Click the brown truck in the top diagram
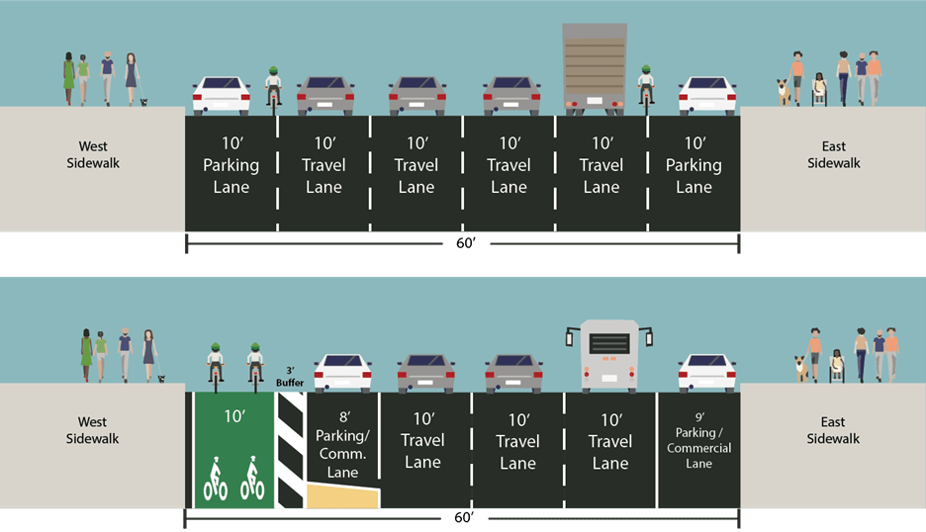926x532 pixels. (x=595, y=64)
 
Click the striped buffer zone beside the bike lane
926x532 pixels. (x=291, y=450)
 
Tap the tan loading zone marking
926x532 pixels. (x=342, y=495)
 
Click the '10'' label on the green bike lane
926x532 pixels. (x=233, y=416)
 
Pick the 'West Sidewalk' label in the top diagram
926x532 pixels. (x=92, y=154)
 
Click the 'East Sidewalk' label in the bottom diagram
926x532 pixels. (x=833, y=430)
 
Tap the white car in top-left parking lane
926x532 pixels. (x=222, y=95)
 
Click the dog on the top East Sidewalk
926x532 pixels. (x=785, y=92)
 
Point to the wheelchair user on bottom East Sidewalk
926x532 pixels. (x=837, y=367)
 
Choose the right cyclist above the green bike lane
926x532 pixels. (x=254, y=364)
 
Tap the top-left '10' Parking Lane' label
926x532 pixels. (x=231, y=165)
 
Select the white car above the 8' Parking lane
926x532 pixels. (x=343, y=373)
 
